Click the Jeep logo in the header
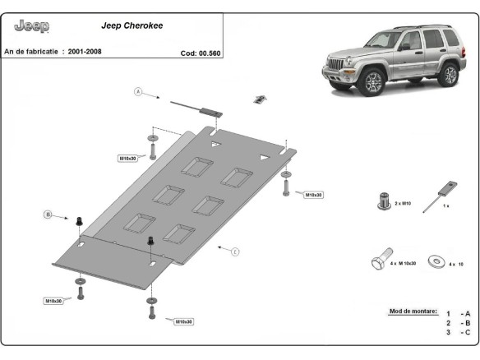[x=32, y=26]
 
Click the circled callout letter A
[x=138, y=91]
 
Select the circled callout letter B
[x=48, y=215]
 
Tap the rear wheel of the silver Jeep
[x=448, y=74]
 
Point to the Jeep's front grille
[x=338, y=65]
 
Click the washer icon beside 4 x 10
[x=436, y=261]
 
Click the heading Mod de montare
[x=413, y=312]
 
